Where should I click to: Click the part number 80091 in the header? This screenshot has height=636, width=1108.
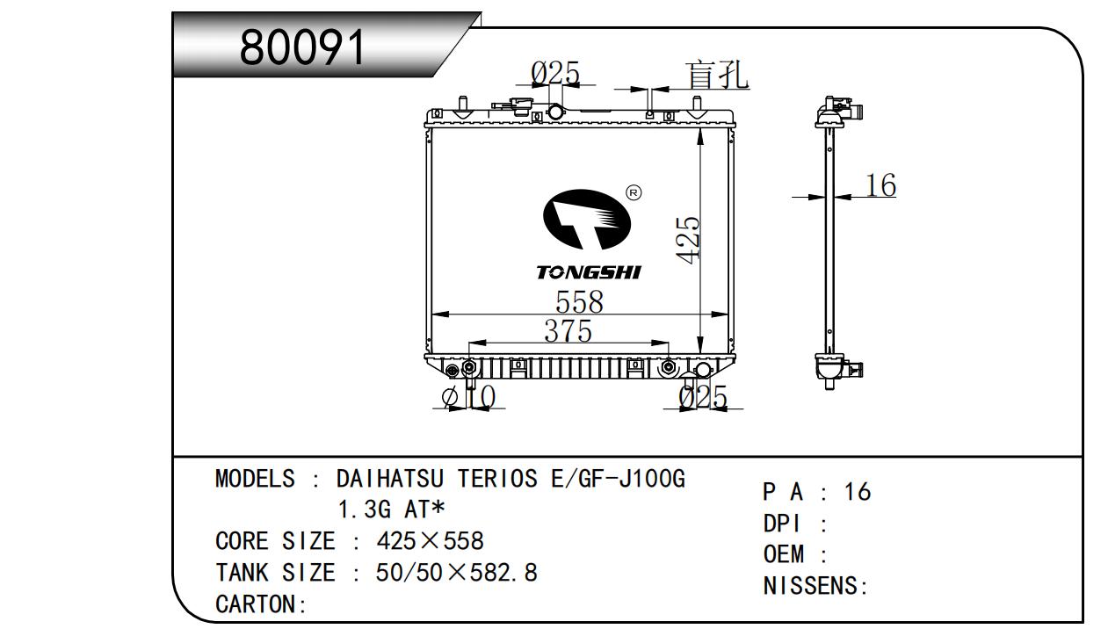(x=302, y=47)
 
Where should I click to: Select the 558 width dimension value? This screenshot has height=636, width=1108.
(x=579, y=302)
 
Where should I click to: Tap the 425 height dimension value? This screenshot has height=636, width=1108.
(x=689, y=238)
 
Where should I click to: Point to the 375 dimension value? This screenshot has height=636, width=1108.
(x=568, y=331)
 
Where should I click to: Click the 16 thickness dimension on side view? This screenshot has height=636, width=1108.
(x=880, y=185)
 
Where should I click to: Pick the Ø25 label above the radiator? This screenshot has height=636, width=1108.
(x=555, y=74)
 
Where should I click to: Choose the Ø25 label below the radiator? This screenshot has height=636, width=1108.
(x=703, y=398)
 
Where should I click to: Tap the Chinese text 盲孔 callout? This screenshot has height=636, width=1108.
(x=717, y=75)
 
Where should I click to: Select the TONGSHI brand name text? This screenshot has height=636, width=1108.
(x=589, y=273)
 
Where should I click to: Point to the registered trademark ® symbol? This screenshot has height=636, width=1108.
(x=633, y=192)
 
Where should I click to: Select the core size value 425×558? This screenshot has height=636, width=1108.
(x=430, y=540)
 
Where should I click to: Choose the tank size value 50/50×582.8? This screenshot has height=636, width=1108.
(x=456, y=573)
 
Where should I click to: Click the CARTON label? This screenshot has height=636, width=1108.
(x=256, y=604)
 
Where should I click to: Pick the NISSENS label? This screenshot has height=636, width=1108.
(x=813, y=586)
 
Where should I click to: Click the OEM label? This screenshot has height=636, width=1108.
(x=784, y=554)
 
